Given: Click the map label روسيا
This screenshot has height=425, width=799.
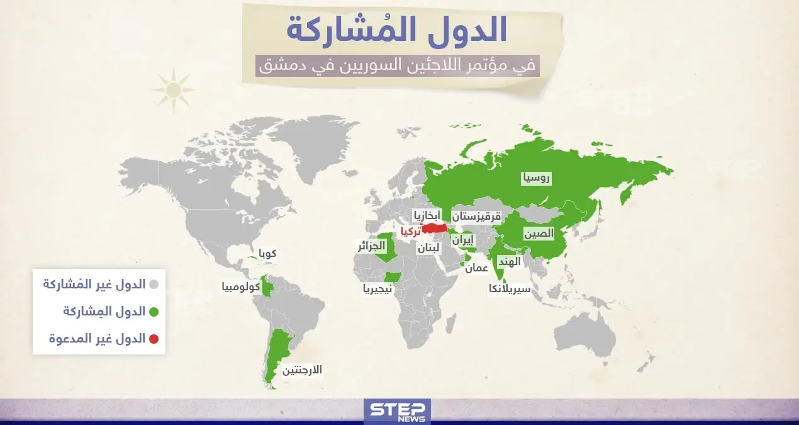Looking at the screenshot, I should pyautogui.click(x=536, y=178).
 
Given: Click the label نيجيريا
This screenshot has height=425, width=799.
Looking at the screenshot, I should pyautogui.click(x=377, y=289).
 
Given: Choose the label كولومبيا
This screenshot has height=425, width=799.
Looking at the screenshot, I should pyautogui.click(x=242, y=287).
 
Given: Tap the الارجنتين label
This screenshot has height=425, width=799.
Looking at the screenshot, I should pyautogui.click(x=302, y=370).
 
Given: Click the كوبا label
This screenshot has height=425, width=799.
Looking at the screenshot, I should pyautogui.click(x=265, y=254).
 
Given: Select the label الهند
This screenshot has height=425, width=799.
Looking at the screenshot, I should pyautogui.click(x=509, y=261).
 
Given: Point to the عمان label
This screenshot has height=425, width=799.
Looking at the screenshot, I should pyautogui.click(x=477, y=268).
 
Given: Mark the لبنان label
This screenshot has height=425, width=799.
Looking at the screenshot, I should pyautogui.click(x=428, y=248).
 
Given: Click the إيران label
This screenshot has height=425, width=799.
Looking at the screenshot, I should pyautogui.click(x=463, y=240).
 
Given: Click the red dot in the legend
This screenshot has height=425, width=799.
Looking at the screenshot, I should pyautogui.click(x=154, y=339).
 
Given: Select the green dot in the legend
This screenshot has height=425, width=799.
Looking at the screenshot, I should pyautogui.click(x=154, y=311).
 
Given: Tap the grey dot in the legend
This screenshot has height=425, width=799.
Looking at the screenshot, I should pyautogui.click(x=154, y=284).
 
